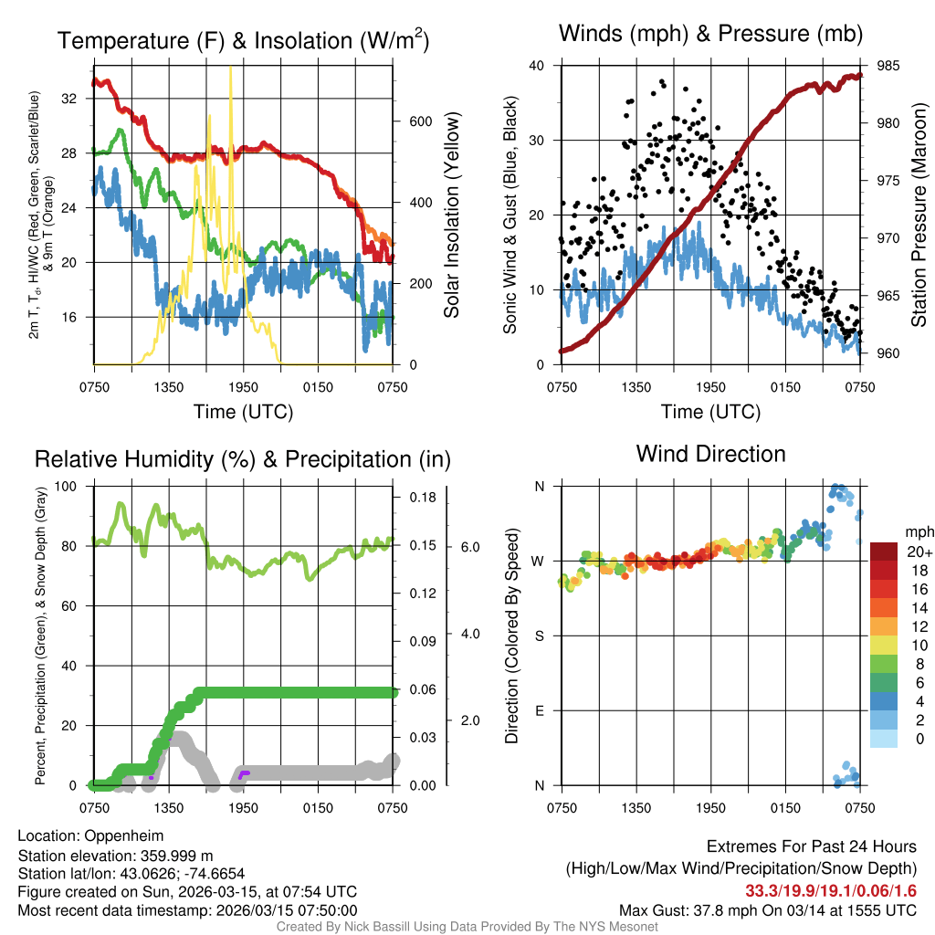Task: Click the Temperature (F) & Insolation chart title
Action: coord(244,40)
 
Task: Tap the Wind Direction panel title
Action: coord(710,454)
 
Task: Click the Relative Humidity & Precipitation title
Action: coord(242,459)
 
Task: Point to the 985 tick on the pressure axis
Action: coord(887,66)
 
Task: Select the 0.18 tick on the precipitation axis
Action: coord(421,498)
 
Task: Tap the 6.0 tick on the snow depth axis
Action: coord(468,546)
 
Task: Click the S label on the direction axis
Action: coord(540,636)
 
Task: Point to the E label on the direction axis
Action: coord(540,710)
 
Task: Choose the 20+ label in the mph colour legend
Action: coord(917,552)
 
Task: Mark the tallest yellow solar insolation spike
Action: coord(230,69)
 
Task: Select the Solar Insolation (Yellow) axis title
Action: coord(451,215)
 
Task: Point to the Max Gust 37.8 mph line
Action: coord(767,910)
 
